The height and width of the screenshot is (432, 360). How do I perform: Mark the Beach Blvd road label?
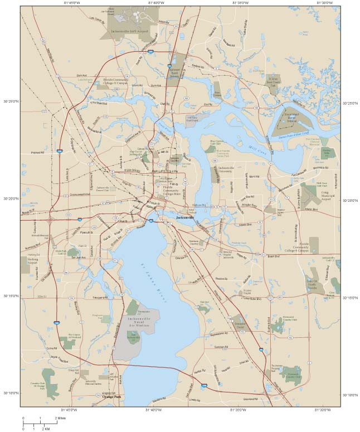pos(273,256)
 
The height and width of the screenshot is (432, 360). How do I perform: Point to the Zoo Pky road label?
pos(208,104)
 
